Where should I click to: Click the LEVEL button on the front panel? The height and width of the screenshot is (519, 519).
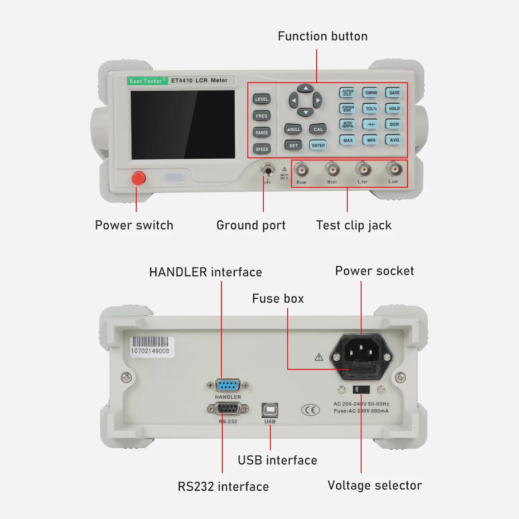click(262, 99)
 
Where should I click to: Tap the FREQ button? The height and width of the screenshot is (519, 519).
click(262, 116)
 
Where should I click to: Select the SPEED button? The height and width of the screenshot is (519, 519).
click(262, 149)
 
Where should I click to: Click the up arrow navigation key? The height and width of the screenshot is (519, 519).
click(306, 88)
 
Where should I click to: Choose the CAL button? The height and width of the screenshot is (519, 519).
click(318, 129)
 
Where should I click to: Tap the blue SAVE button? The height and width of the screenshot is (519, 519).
click(394, 93)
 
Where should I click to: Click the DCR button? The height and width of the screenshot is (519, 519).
click(394, 125)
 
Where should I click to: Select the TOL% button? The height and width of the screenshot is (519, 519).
click(371, 109)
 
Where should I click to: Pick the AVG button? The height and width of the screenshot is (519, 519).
click(394, 140)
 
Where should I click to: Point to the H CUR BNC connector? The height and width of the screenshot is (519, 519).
click(301, 170)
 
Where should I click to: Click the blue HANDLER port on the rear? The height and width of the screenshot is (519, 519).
click(228, 385)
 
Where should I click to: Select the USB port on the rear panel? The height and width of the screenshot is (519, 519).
click(270, 410)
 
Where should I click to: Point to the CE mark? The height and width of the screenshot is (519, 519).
click(310, 410)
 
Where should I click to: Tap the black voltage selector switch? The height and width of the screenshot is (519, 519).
click(362, 389)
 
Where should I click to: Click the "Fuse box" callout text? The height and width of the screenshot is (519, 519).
click(278, 298)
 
